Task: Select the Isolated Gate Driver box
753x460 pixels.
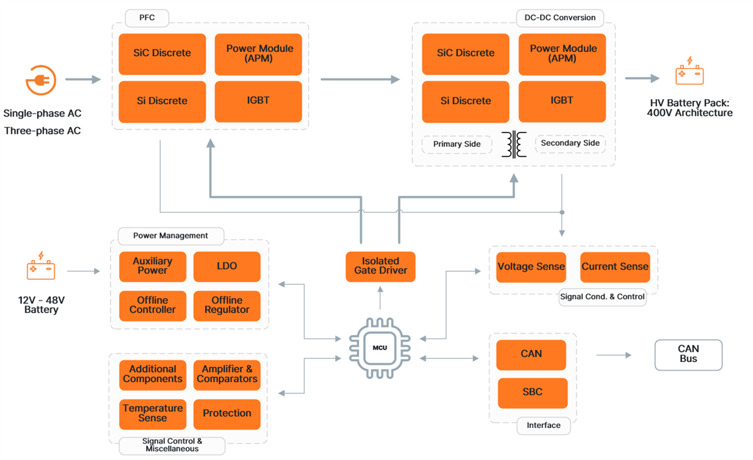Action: tap(380, 265)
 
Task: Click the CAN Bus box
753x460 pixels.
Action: tap(688, 355)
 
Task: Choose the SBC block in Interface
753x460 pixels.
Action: tap(532, 393)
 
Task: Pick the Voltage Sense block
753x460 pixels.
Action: tap(531, 267)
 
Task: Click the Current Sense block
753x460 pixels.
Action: tap(614, 267)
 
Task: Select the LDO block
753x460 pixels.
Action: tap(227, 266)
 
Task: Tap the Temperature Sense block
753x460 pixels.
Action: tap(152, 414)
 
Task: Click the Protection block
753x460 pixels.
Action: tap(227, 414)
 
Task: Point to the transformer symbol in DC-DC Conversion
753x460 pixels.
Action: tap(514, 144)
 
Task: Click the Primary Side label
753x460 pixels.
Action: tap(457, 144)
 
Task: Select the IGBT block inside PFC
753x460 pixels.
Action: tap(258, 101)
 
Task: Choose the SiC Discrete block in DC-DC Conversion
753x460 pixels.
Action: tap(466, 53)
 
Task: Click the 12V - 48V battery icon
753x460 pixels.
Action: tap(41, 267)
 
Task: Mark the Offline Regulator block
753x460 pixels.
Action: tap(227, 306)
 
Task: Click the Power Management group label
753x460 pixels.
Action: tap(171, 236)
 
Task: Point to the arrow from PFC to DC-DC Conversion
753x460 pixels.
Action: tap(360, 80)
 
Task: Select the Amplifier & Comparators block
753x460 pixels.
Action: tap(227, 375)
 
